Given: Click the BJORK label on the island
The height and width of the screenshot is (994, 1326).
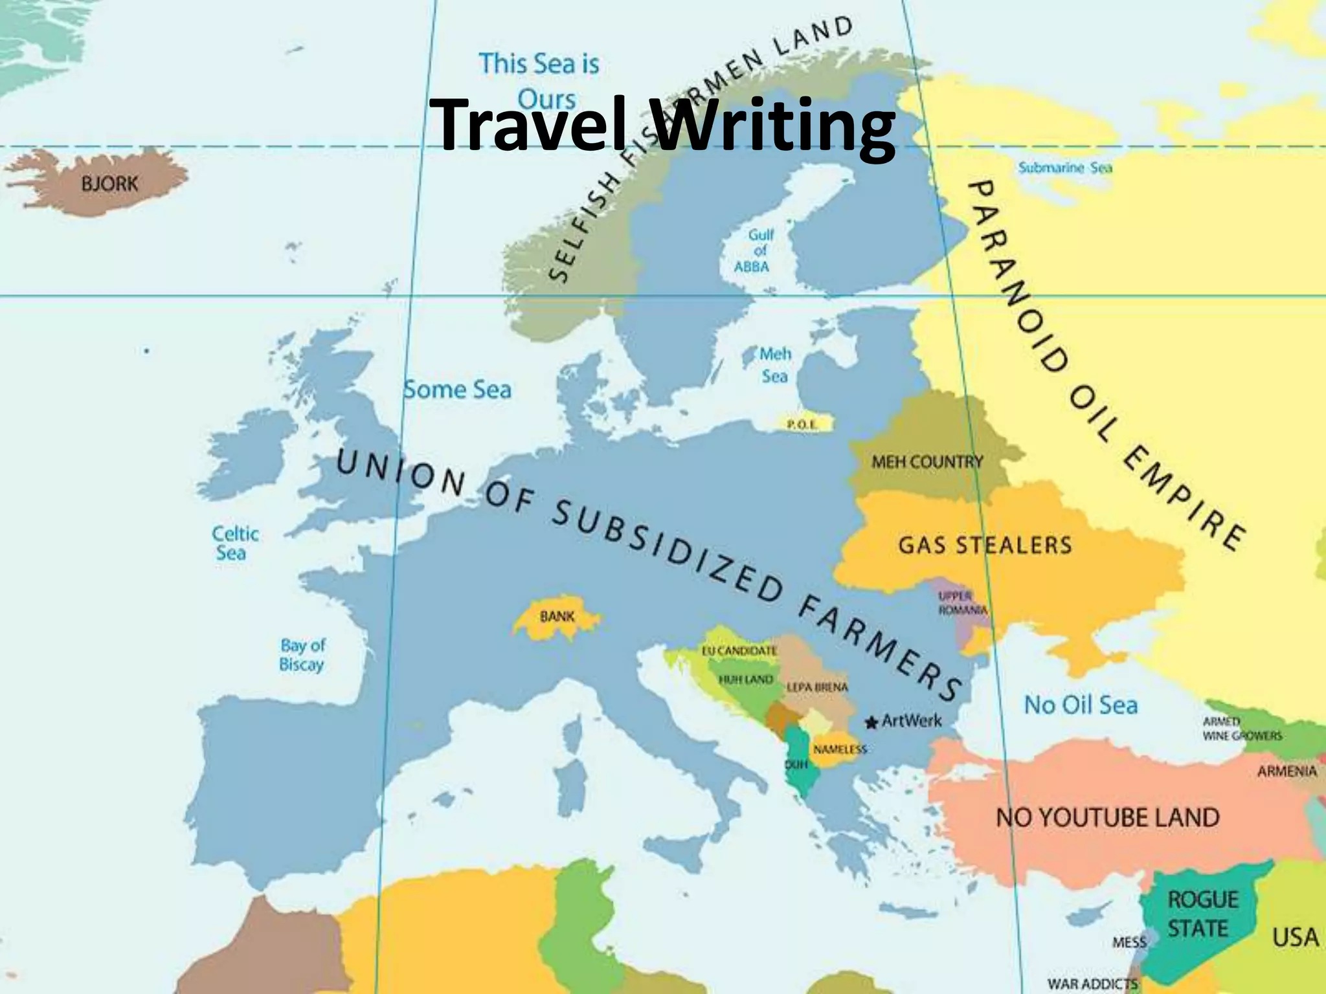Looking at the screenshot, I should [x=109, y=184].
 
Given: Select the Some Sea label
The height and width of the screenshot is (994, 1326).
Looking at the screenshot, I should [x=457, y=390].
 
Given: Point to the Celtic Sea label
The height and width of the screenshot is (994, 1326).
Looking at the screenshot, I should [x=234, y=544].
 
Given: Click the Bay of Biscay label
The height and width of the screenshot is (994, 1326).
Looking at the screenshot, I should [x=302, y=655].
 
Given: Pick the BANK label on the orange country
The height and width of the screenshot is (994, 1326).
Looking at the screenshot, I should [x=557, y=616].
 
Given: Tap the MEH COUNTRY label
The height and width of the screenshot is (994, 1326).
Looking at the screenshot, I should [x=927, y=462].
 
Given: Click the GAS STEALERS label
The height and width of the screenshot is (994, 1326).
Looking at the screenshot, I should [x=985, y=545].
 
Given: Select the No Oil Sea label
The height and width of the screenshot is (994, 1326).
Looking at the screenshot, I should [x=1080, y=705].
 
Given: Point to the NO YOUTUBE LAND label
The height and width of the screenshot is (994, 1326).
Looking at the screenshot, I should [x=1107, y=817].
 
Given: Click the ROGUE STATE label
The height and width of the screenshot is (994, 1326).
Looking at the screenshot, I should [x=1202, y=914].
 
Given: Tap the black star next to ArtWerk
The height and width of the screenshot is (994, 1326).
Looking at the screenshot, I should [x=871, y=722].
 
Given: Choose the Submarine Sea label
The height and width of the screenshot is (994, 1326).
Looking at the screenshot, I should [x=1065, y=168].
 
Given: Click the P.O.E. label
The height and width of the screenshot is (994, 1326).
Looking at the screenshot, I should [x=802, y=425].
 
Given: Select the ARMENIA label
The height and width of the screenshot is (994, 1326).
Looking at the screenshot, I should [x=1287, y=771].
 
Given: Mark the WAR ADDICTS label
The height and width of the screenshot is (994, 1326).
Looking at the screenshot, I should [x=1092, y=984].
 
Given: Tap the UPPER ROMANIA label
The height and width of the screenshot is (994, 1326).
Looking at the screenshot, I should [x=962, y=603].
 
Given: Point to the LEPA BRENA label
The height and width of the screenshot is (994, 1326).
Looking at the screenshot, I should [x=817, y=687].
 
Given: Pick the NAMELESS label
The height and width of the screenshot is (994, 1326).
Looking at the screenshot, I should [x=840, y=749].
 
